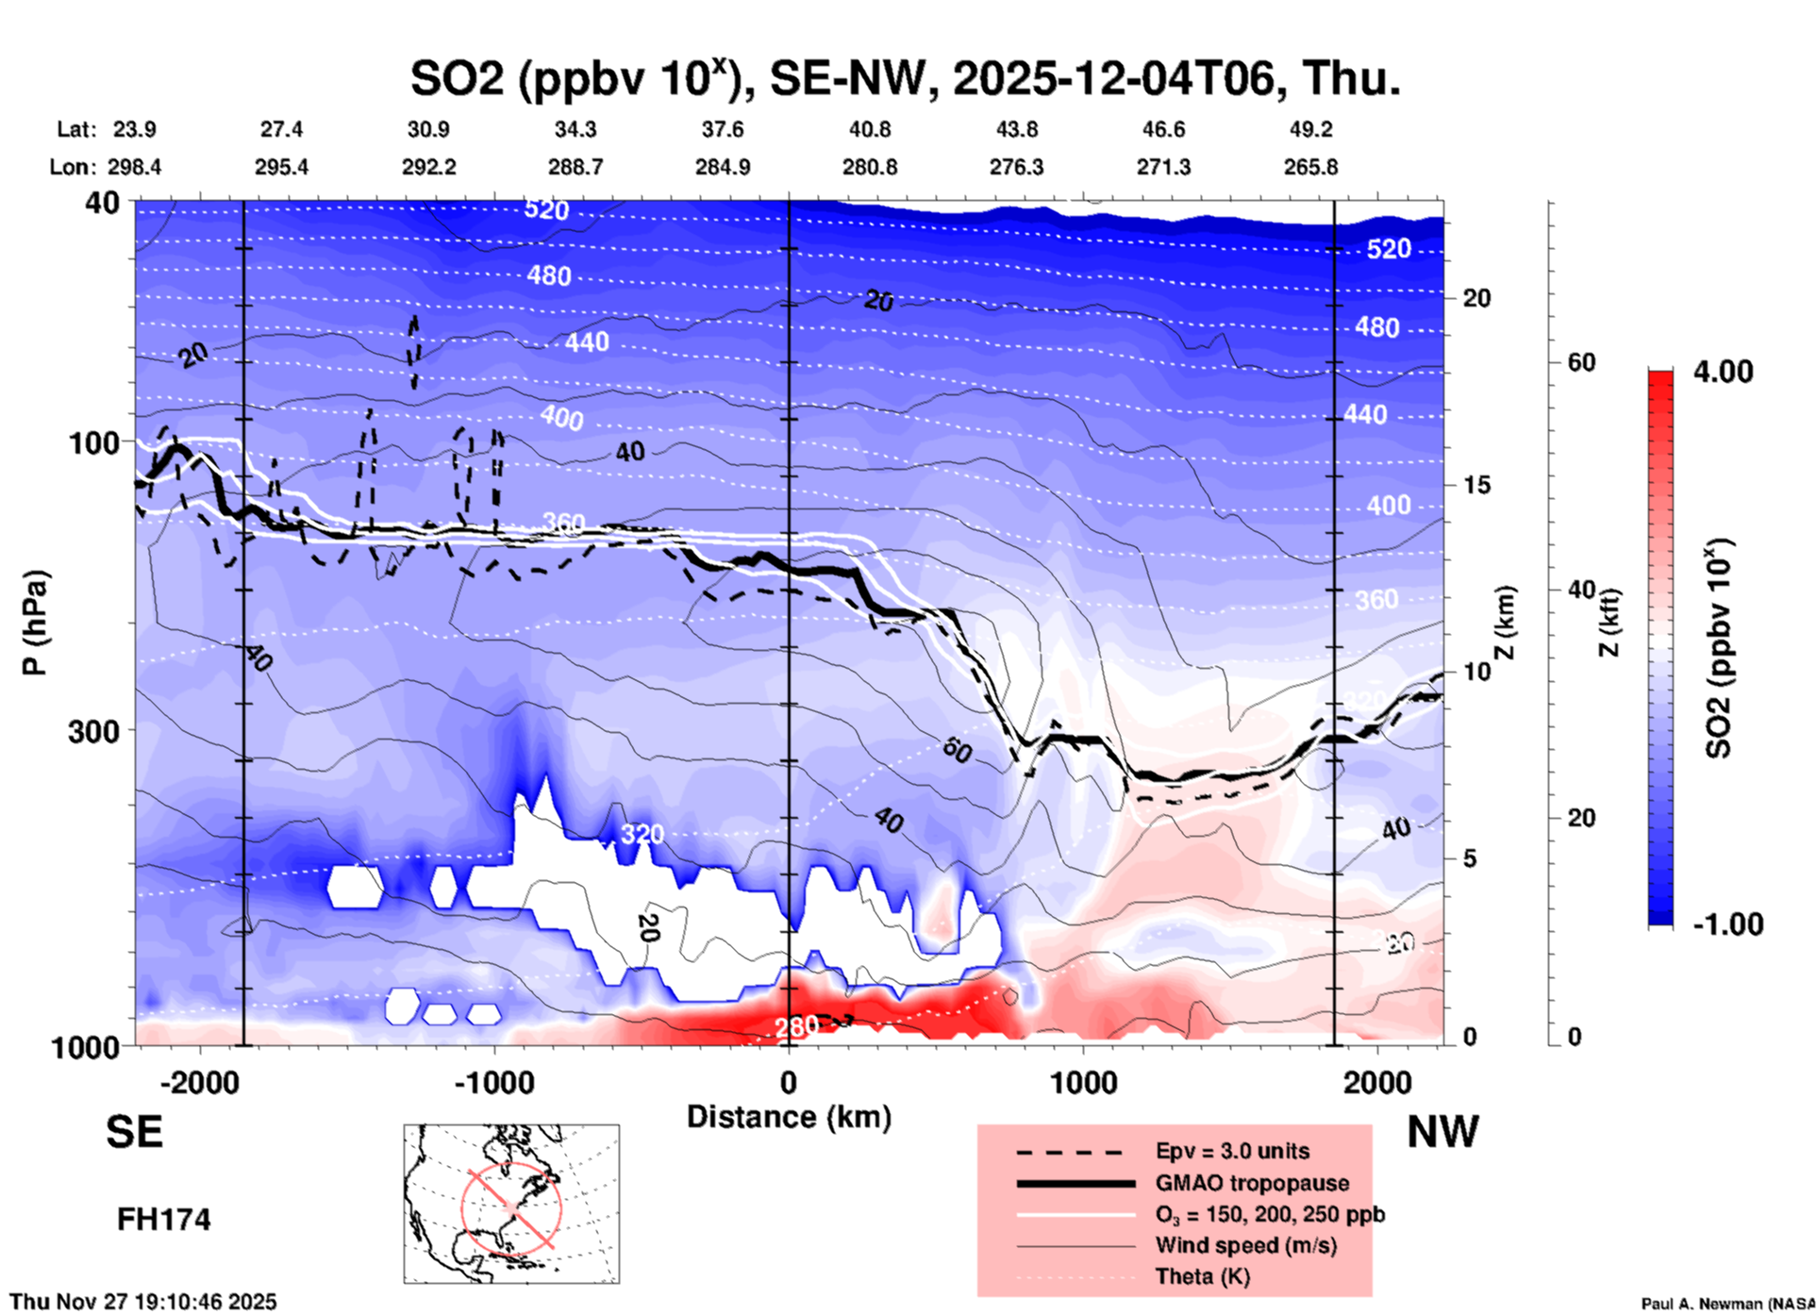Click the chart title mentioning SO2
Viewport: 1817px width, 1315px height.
905,77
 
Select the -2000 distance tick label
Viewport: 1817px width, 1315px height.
200,1083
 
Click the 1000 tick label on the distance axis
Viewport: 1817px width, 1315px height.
1083,1083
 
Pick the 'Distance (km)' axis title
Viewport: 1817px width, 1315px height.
789,1117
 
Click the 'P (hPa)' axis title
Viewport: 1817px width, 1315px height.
35,623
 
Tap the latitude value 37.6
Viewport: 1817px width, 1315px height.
723,129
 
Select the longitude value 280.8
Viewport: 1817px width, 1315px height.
870,167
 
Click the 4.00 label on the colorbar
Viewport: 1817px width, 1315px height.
1723,372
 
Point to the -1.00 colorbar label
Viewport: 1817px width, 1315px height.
1726,924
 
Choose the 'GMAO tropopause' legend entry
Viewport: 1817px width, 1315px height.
1252,1183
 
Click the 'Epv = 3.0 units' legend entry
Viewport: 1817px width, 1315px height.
1232,1151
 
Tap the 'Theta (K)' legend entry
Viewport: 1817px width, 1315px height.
1202,1276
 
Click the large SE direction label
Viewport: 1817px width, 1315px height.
134,1132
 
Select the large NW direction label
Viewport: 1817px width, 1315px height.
1442,1132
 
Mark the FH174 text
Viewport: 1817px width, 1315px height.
163,1220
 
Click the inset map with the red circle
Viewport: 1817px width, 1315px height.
511,1203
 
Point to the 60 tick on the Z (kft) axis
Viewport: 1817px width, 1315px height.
1581,362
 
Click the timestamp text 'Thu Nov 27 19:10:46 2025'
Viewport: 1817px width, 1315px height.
143,1302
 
